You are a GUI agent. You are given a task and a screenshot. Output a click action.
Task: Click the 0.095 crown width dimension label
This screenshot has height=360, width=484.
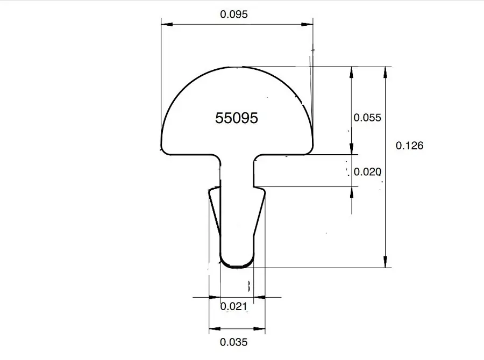[234, 14]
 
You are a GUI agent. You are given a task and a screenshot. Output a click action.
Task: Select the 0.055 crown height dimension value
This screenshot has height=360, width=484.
[367, 118]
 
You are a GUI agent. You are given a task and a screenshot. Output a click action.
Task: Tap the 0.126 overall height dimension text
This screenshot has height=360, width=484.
[409, 146]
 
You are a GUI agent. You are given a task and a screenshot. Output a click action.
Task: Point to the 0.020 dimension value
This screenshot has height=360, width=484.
[367, 171]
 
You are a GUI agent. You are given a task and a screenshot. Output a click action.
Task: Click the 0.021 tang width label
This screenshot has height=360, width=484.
[234, 306]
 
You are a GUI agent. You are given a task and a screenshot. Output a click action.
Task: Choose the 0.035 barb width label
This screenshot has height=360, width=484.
[234, 342]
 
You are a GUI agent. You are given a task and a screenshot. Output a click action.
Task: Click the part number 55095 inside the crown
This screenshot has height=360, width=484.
[237, 118]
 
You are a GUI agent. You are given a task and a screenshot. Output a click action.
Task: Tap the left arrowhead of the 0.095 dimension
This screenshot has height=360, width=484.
[167, 24]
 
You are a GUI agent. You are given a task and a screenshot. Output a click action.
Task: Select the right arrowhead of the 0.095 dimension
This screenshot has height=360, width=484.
[307, 24]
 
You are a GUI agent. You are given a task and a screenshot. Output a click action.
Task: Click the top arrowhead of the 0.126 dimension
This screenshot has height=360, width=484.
[385, 73]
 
